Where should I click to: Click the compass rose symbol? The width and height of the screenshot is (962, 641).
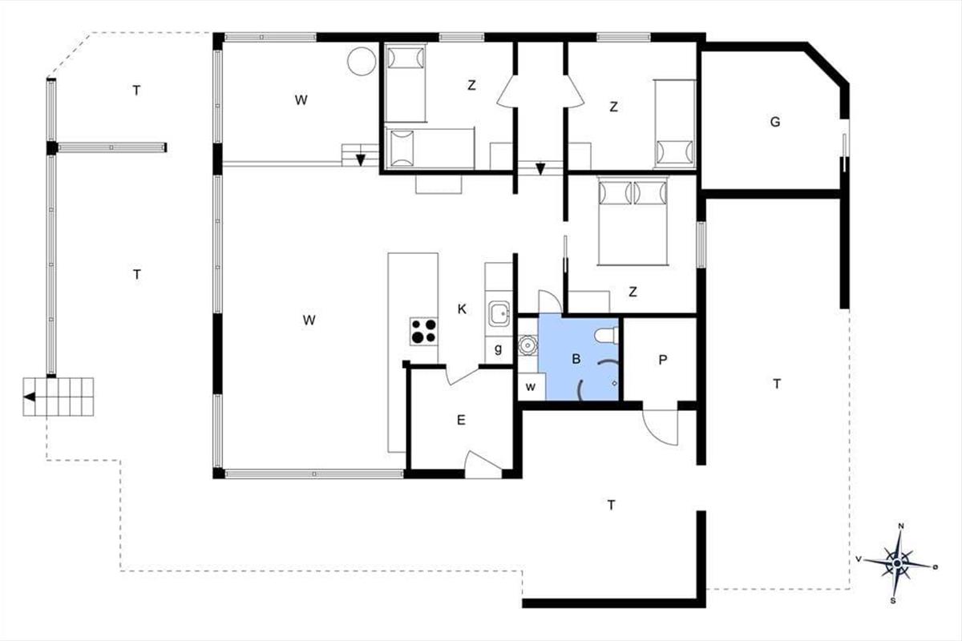pyautogui.click(x=897, y=564)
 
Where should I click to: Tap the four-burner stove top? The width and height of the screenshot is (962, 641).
pyautogui.click(x=424, y=331)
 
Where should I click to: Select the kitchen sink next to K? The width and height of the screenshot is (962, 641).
pyautogui.click(x=499, y=313)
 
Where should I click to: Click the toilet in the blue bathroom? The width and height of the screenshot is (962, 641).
pyautogui.click(x=606, y=336)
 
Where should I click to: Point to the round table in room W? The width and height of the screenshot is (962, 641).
pyautogui.click(x=362, y=62)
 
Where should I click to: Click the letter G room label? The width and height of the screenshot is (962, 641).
pyautogui.click(x=775, y=122)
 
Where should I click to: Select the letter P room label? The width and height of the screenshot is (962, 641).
pyautogui.click(x=663, y=360)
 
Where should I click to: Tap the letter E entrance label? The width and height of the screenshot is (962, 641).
pyautogui.click(x=461, y=420)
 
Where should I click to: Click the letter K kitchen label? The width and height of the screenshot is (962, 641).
pyautogui.click(x=462, y=308)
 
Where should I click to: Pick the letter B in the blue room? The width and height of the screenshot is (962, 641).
pyautogui.click(x=576, y=359)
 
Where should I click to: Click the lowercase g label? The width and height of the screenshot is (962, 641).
pyautogui.click(x=498, y=349)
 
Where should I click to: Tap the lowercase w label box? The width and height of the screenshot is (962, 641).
pyautogui.click(x=532, y=387)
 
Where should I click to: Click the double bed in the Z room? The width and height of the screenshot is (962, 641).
pyautogui.click(x=633, y=220)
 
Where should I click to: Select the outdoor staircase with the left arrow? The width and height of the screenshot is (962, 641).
pyautogui.click(x=59, y=397)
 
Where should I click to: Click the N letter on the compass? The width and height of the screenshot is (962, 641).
pyautogui.click(x=901, y=526)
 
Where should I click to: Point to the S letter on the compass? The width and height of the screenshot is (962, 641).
pyautogui.click(x=893, y=601)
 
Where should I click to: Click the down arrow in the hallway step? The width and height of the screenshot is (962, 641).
pyautogui.click(x=540, y=169)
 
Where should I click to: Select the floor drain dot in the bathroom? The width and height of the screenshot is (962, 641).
pyautogui.click(x=614, y=383)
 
